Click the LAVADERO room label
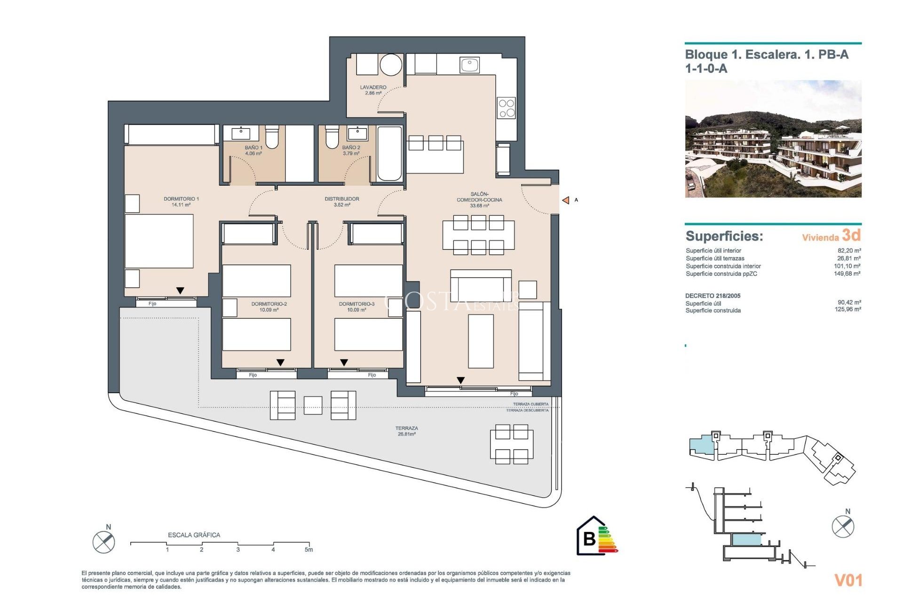tap(373, 90)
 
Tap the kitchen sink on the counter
tap(469, 64)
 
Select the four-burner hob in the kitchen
tap(507, 108)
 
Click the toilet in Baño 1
tap(272, 136)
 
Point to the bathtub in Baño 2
tap(389, 153)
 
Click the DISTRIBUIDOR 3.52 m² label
tap(342, 202)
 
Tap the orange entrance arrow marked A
tap(566, 200)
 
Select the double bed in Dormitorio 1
tap(159, 241)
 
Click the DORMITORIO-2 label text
tap(269, 304)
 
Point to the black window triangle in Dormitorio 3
tap(344, 363)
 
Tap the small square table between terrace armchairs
tap(313, 405)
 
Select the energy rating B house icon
tap(591, 537)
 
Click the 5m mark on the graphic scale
tap(309, 549)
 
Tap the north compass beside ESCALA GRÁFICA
tap(104, 542)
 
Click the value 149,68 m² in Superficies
tap(847, 274)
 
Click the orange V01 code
tap(848, 580)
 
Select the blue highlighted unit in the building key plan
tap(701, 445)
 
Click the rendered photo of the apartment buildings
tap(773, 139)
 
